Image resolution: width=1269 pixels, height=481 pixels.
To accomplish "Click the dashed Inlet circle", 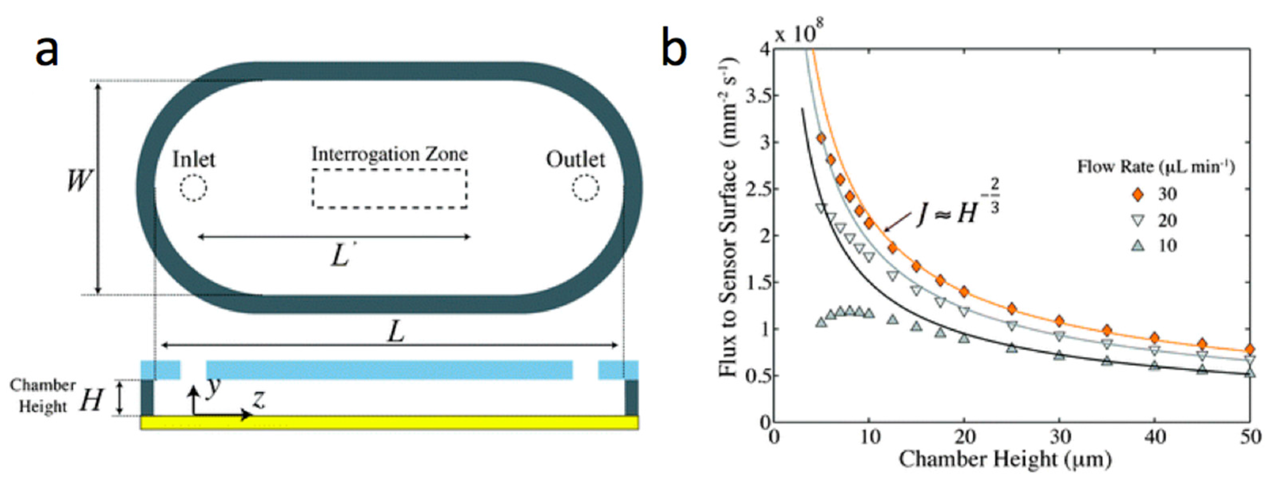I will tap(193, 188).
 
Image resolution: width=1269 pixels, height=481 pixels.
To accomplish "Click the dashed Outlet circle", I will tap(586, 188).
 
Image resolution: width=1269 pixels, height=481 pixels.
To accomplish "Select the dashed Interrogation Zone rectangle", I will tap(389, 189).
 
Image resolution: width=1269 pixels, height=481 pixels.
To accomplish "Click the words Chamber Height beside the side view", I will tap(42, 396).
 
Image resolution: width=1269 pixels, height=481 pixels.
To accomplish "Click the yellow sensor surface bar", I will tap(389, 422).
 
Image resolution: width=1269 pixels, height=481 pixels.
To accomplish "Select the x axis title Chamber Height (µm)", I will tap(1005, 459).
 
